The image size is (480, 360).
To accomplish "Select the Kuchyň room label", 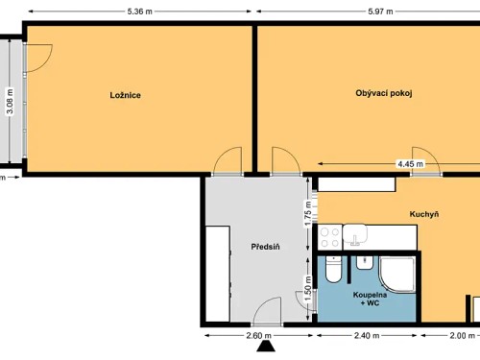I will point(423,214).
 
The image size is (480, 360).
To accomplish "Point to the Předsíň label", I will point(265,247).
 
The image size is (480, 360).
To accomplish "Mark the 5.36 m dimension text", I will point(142,12).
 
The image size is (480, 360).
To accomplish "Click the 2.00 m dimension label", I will point(464,336).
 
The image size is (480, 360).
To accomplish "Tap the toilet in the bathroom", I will point(331,271).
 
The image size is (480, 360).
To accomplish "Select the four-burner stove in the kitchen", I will point(330,235).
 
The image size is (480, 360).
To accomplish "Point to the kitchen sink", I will point(356,235).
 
